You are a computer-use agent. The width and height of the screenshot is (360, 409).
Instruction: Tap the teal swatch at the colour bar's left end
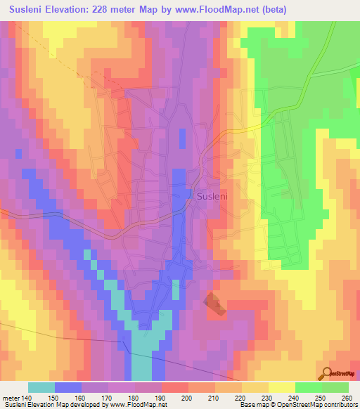click(41, 388)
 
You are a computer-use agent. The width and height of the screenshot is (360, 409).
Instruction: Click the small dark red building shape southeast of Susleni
click(213, 301)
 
